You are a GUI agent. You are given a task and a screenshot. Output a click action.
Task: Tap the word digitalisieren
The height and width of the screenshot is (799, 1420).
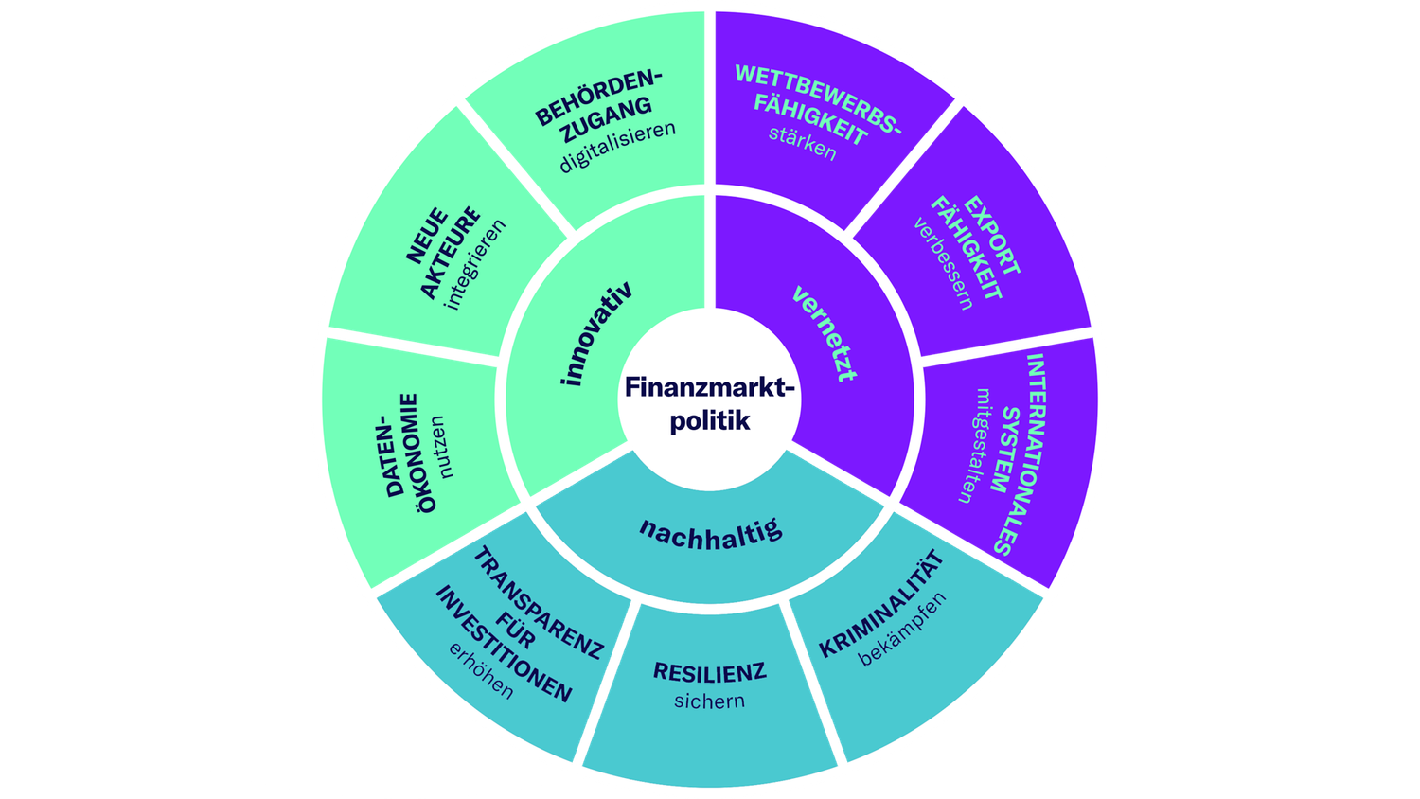click(x=617, y=146)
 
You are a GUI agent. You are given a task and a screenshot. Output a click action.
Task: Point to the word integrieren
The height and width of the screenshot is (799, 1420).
click(x=476, y=264)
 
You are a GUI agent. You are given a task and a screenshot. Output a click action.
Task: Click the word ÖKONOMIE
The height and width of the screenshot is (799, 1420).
click(x=417, y=453)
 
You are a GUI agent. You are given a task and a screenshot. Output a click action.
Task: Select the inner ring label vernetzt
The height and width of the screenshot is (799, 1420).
click(x=825, y=332)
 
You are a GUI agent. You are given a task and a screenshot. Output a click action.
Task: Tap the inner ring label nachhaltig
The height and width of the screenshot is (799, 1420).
click(x=711, y=532)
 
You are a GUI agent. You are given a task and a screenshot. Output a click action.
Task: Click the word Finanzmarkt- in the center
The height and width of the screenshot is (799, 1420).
click(x=710, y=387)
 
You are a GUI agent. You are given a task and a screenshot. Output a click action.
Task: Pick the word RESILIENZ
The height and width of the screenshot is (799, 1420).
click(x=710, y=672)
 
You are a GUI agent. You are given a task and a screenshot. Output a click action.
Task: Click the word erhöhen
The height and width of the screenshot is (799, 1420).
click(x=482, y=672)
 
